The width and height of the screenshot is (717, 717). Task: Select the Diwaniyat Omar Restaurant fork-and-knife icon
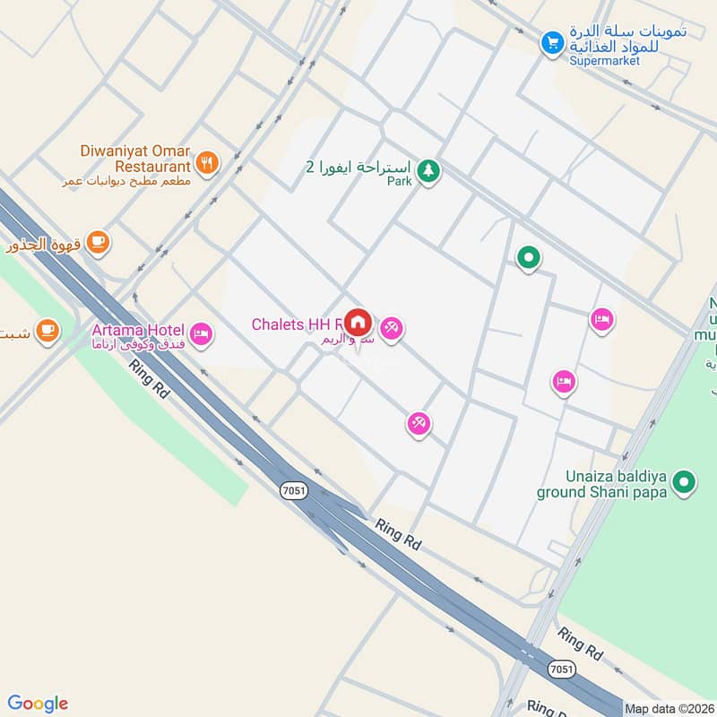pos(208,163)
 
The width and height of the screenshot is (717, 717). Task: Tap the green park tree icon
pos(429,169)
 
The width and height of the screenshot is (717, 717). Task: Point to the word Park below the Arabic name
pos(399,182)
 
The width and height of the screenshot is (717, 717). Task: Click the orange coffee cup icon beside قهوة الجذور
pos(98,240)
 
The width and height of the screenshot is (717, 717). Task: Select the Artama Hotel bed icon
pos(203,334)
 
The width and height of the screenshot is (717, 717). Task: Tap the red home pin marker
pos(358,322)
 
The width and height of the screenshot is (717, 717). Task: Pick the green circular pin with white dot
pos(529,259)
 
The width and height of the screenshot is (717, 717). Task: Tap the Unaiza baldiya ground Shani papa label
pos(602,484)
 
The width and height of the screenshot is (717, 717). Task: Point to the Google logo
pos(38,704)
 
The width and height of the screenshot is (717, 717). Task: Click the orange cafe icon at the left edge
pos(47,330)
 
